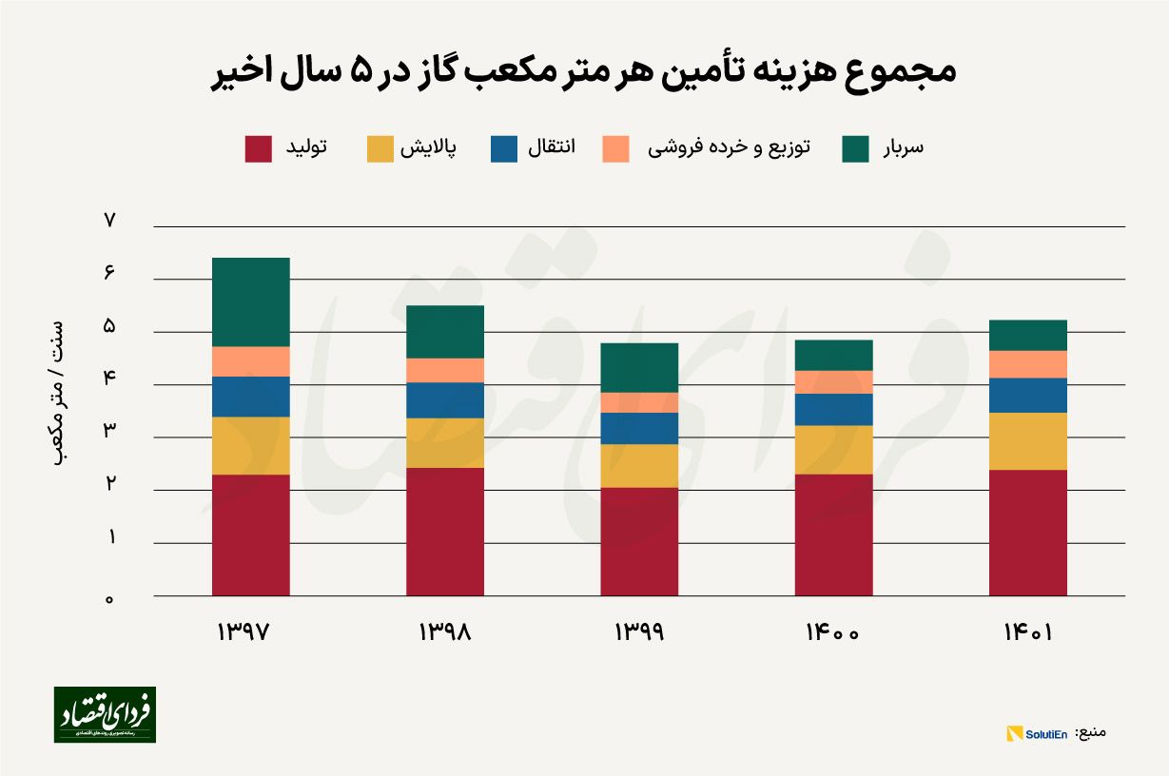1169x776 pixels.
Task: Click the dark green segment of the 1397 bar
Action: tap(250, 301)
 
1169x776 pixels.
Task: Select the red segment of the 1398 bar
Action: tap(444, 531)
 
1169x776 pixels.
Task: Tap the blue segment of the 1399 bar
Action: tap(638, 428)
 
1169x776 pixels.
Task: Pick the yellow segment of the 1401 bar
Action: tap(1027, 440)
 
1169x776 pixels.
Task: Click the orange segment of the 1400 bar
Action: tap(833, 381)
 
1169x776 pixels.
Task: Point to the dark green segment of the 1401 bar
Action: tap(1027, 335)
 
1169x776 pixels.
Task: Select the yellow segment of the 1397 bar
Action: tap(250, 445)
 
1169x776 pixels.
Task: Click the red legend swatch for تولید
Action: tap(258, 148)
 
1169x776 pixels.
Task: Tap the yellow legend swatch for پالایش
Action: tap(380, 148)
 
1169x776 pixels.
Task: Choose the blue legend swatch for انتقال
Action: tap(504, 148)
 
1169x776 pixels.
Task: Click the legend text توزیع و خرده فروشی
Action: tap(729, 148)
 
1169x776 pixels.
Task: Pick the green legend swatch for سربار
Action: tap(855, 148)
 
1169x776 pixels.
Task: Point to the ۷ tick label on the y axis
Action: tap(109, 221)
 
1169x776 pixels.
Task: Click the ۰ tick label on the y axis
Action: tap(109, 598)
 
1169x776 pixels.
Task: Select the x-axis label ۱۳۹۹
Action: tap(638, 632)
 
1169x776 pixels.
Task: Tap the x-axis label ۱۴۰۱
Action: tap(1027, 632)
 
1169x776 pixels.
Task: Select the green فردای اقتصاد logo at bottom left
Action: tap(104, 714)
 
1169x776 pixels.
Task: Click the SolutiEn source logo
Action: tap(1037, 733)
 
